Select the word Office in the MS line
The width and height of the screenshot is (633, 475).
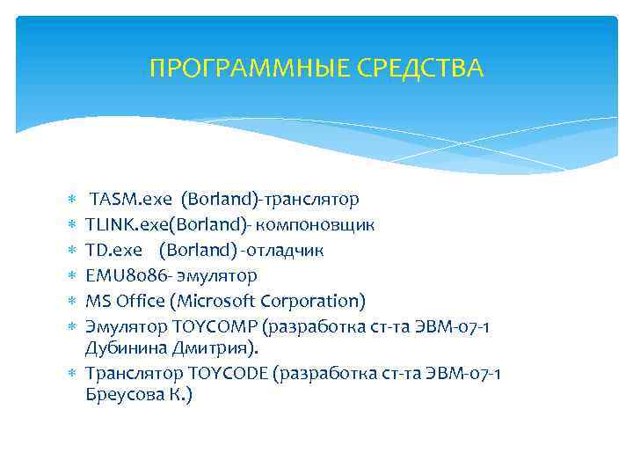(142, 302)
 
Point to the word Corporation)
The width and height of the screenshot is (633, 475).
(314, 302)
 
